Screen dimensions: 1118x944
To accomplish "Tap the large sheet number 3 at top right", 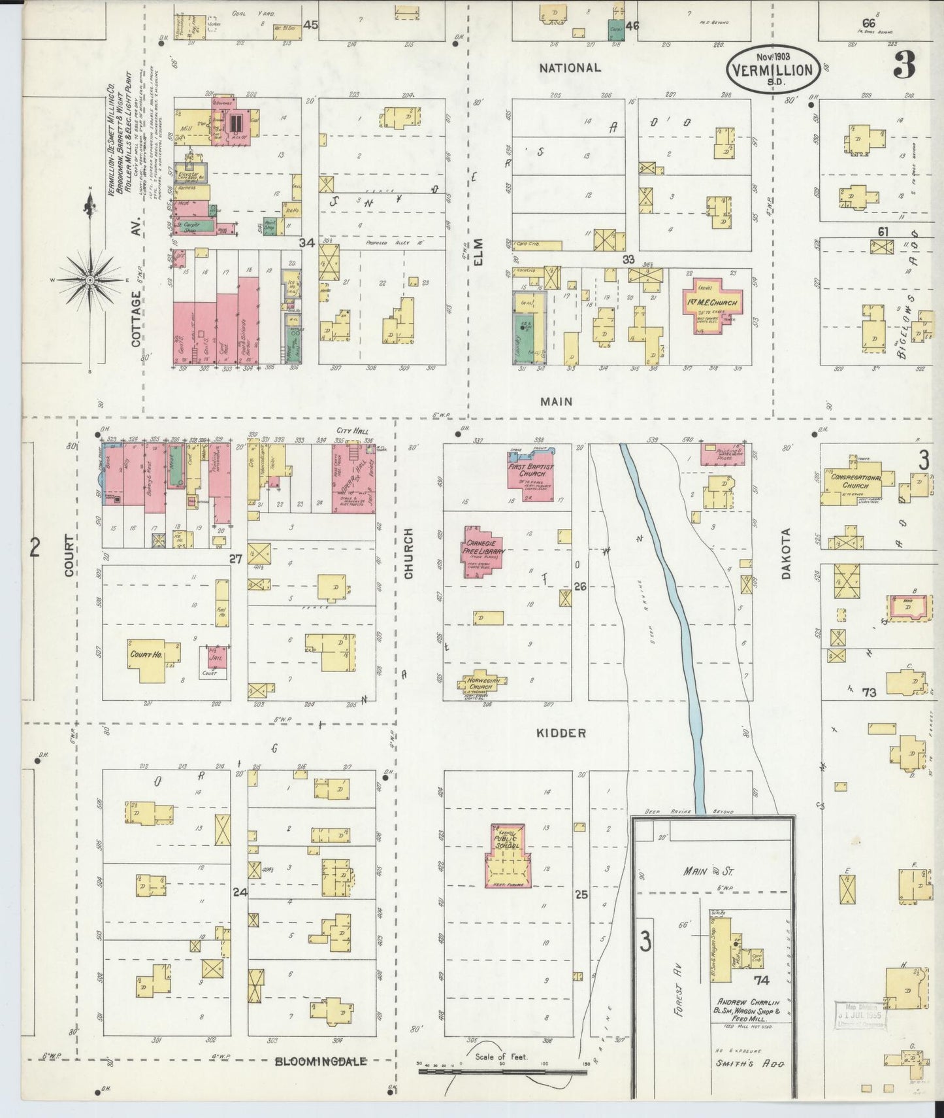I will click(904, 64).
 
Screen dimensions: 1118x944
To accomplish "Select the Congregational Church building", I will click(857, 482).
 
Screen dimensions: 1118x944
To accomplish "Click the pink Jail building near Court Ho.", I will click(216, 656).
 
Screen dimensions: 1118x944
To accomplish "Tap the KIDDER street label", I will click(561, 734).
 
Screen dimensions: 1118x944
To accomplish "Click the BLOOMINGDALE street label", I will click(320, 1061).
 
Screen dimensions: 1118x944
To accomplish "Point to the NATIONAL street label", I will click(570, 67).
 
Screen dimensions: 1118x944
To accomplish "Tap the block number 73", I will click(868, 692).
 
